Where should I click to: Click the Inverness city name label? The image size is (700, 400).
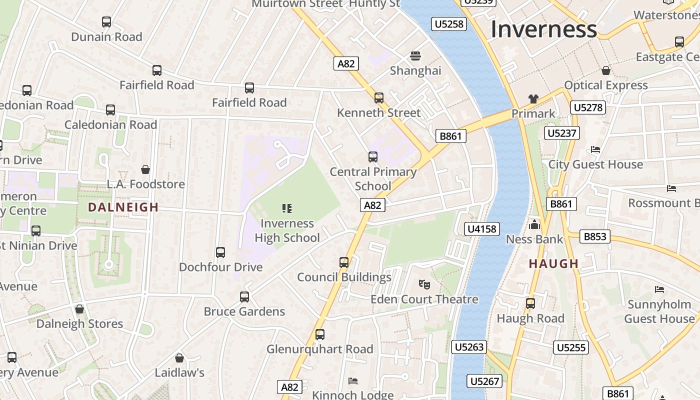pos(543,29)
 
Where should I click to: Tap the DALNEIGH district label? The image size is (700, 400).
pos(123,207)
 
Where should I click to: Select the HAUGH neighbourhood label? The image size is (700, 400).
pos(553,263)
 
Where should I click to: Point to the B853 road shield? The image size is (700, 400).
pos(595,236)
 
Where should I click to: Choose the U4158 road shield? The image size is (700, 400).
pos(482,229)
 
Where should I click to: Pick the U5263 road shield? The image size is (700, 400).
pos(469,347)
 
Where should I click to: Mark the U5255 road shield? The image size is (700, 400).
pos(571,347)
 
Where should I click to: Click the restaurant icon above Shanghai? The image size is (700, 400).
pos(415,55)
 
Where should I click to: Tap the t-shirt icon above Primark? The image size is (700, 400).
pos(533,99)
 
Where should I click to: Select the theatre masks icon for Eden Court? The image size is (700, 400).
pos(424,284)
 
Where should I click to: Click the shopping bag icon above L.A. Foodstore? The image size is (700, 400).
pos(145,169)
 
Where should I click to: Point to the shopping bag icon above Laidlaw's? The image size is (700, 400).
pos(179,358)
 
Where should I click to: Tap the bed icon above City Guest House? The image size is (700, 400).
pos(595,149)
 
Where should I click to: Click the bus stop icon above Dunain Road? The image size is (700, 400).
pos(106,22)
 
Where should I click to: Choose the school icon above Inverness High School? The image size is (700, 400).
pos(287,208)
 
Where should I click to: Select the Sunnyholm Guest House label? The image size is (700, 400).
pos(659,311)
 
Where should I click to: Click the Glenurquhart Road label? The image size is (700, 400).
pos(320,349)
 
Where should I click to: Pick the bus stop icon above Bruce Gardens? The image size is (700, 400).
pos(244,297)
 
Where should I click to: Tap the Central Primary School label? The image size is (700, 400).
pos(373,179)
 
